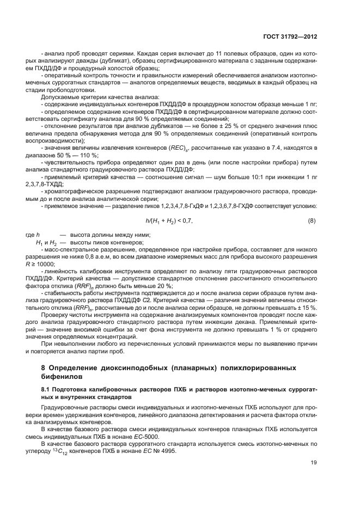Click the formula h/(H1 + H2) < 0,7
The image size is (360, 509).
(169, 220)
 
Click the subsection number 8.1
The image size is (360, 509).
(46, 390)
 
